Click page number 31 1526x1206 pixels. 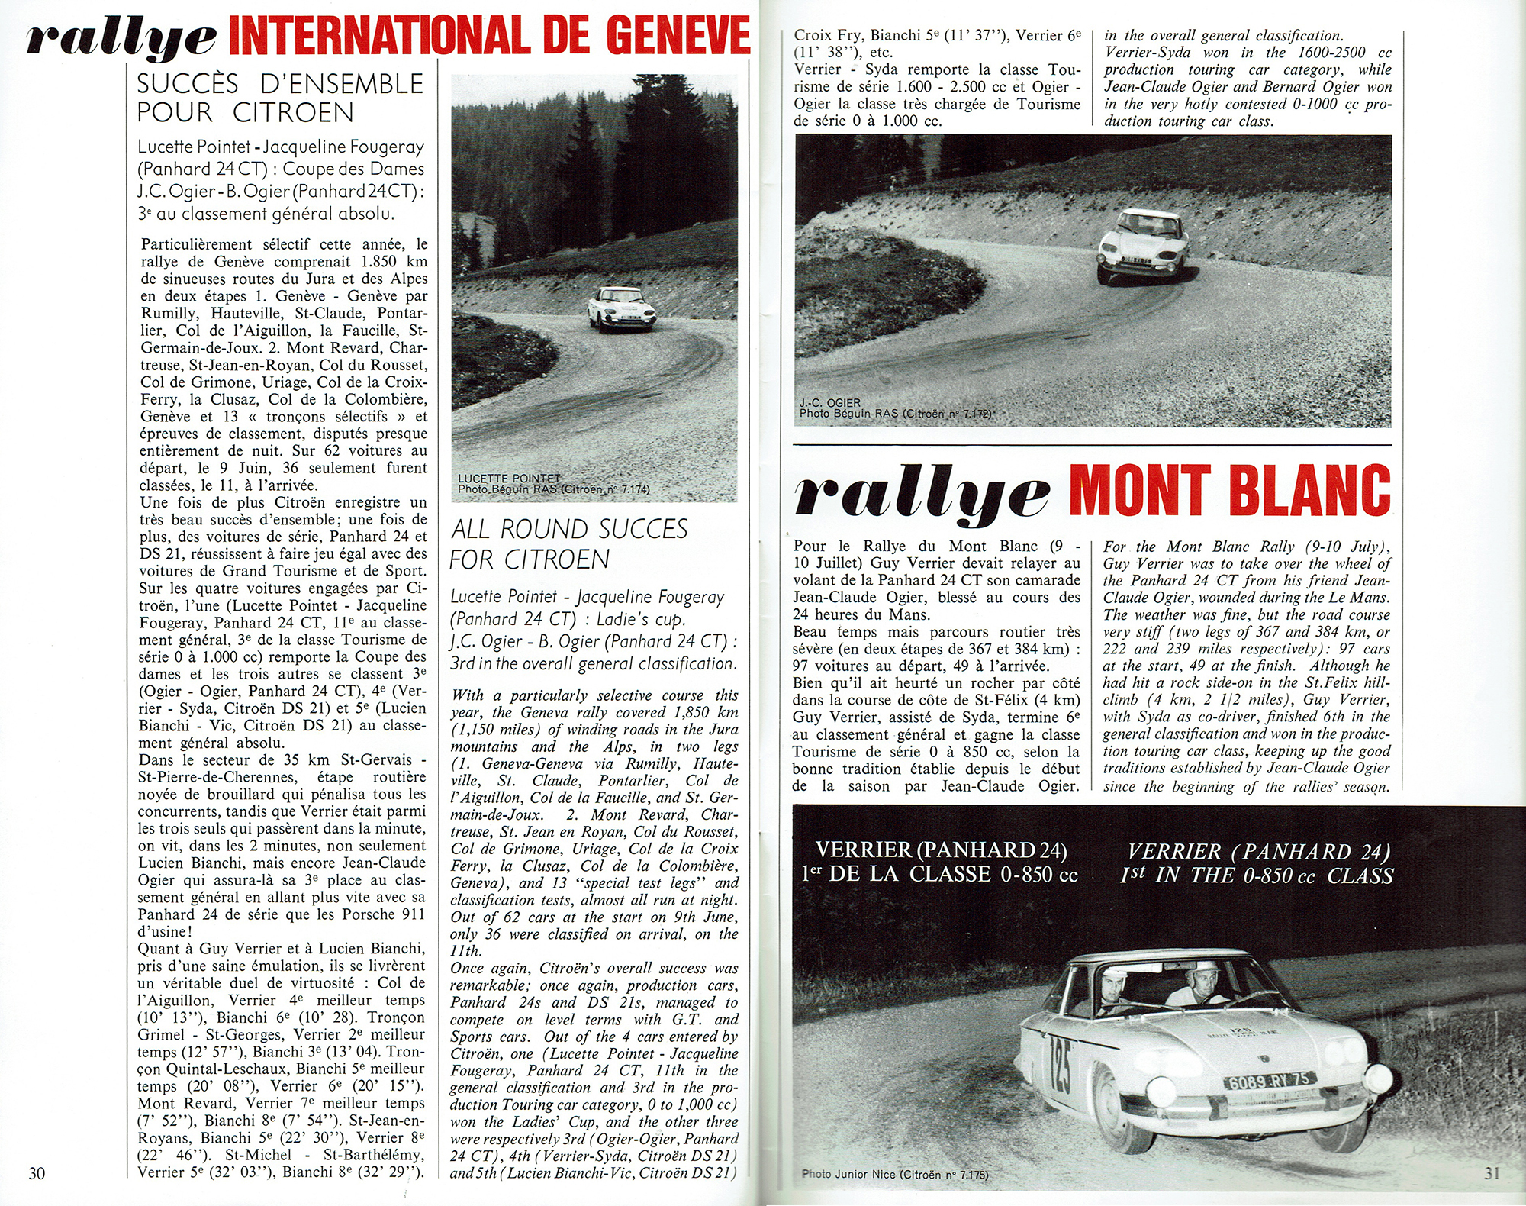click(1492, 1172)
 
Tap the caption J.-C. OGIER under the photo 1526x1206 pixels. click(830, 403)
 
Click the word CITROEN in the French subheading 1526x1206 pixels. click(293, 113)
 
